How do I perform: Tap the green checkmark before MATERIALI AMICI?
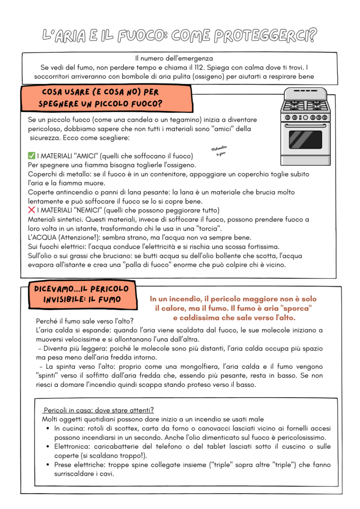click(31, 156)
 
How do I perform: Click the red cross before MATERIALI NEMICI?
click(31, 210)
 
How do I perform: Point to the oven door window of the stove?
click(305, 139)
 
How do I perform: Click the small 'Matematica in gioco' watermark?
click(219, 151)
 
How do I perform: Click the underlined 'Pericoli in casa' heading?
click(98, 410)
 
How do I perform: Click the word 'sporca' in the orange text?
click(295, 308)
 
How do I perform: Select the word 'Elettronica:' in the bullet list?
click(75, 446)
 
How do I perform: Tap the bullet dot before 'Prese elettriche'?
click(47, 465)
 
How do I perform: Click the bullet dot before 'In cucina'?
click(47, 428)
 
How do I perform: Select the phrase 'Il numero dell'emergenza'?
click(174, 58)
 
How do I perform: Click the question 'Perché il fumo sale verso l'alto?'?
click(85, 321)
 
